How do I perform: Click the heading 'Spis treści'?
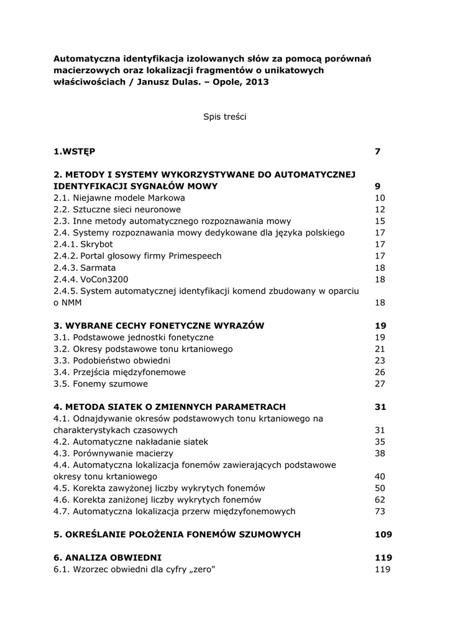(x=224, y=117)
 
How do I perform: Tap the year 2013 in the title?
(x=257, y=82)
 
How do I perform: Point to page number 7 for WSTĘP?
(x=377, y=151)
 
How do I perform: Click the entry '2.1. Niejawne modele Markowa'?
(x=119, y=198)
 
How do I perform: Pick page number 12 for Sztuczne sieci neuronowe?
(x=380, y=209)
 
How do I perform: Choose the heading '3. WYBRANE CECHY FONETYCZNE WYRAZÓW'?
(x=159, y=325)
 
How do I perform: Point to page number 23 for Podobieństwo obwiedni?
(x=380, y=360)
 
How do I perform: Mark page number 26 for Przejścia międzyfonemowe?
(x=380, y=372)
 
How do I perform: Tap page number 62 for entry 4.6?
(x=380, y=499)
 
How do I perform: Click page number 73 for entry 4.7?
(x=380, y=511)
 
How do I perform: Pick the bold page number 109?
(x=383, y=534)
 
